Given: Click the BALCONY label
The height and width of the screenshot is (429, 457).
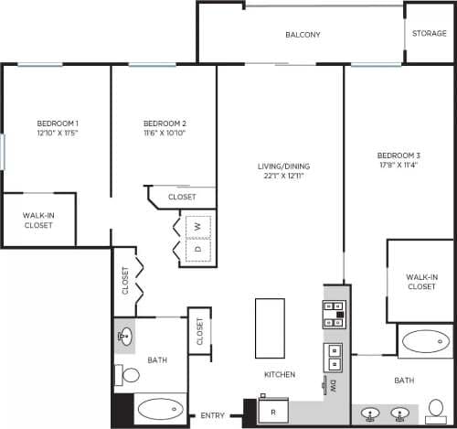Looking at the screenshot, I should pyautogui.click(x=303, y=35).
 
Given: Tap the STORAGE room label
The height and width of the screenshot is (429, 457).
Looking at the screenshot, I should pyautogui.click(x=429, y=33).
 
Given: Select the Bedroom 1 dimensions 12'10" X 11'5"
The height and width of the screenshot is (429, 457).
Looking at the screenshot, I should pyautogui.click(x=58, y=133).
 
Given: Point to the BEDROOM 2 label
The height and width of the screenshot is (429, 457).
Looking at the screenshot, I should pyautogui.click(x=165, y=123).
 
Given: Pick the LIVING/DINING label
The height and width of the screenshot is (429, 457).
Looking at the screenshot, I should pyautogui.click(x=284, y=166).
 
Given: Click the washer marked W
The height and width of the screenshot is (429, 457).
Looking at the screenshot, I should pyautogui.click(x=196, y=225).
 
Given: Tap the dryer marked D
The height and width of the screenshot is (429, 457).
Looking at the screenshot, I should pyautogui.click(x=196, y=248).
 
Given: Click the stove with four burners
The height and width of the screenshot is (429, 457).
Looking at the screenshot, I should pyautogui.click(x=332, y=315).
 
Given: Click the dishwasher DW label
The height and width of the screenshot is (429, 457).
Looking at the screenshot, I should pyautogui.click(x=334, y=385).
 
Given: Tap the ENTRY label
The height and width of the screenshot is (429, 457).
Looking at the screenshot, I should pyautogui.click(x=212, y=416).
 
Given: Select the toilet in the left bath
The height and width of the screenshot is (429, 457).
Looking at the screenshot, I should pyautogui.click(x=128, y=374).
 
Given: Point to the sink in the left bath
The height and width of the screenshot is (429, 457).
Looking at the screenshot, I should pyautogui.click(x=125, y=337).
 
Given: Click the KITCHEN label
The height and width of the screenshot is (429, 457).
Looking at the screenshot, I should pyautogui.click(x=279, y=375).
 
